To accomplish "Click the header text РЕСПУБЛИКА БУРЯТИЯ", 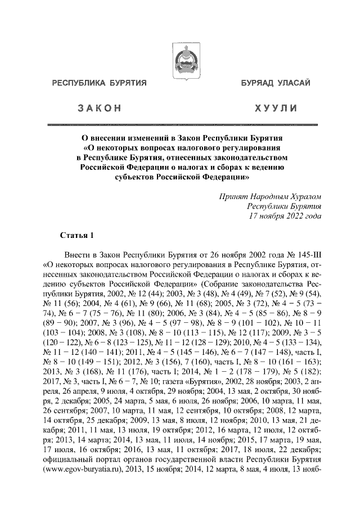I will pyautogui.click(x=100, y=84).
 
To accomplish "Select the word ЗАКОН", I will pyautogui.click(x=100, y=107).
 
